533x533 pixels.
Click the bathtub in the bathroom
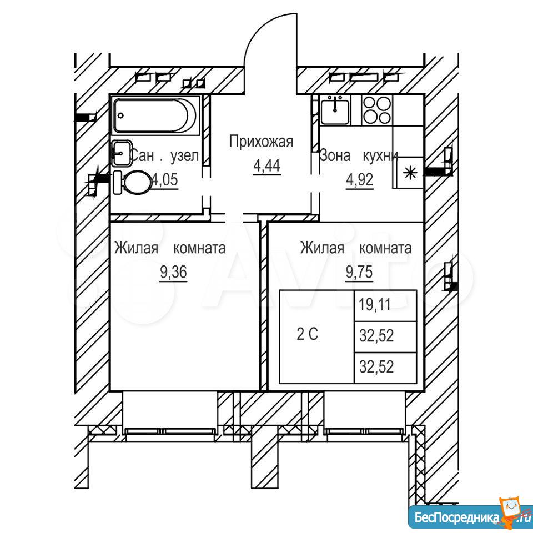pos(155,115)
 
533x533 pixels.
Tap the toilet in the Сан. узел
pos(132,182)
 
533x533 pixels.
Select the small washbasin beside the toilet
pos(122,153)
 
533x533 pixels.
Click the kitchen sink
pos(335,109)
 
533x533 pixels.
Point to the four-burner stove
pos(376,110)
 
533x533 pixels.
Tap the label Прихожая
pos(261,142)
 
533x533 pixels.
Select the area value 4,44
pos(267,166)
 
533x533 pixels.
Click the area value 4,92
pos(360,179)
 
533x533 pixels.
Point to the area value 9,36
pos(173,272)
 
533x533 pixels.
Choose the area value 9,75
pos(359,272)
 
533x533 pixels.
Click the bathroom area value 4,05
pos(165,179)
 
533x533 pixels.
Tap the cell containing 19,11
pos(385,305)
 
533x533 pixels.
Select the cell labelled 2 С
pos(316,336)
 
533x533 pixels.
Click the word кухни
pos(380,155)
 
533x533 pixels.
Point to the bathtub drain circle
pos(120,115)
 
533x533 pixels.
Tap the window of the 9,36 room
pos(170,431)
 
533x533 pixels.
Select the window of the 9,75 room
pos(364,431)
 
